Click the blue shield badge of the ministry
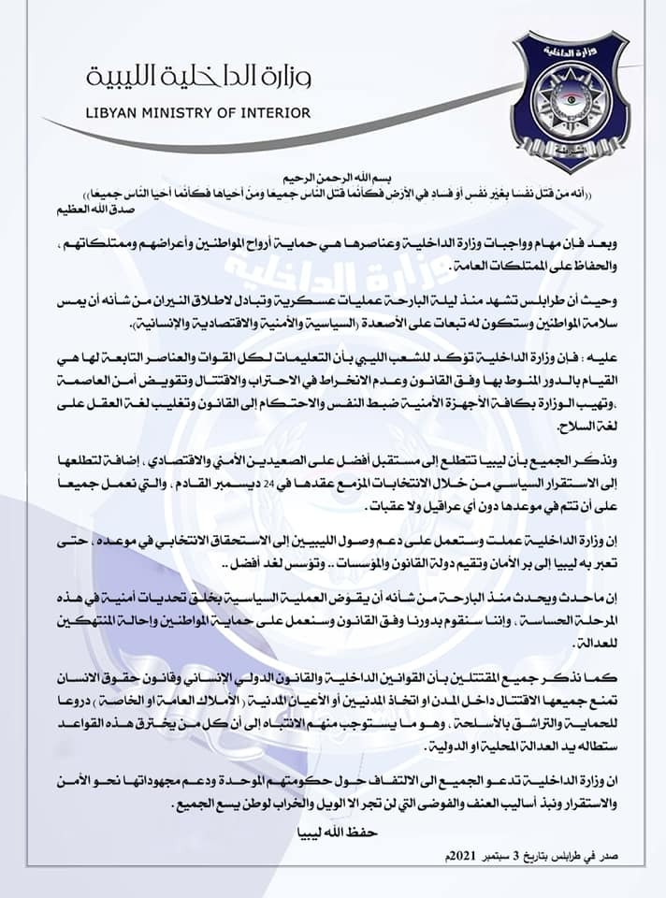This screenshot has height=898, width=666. [x=571, y=94]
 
